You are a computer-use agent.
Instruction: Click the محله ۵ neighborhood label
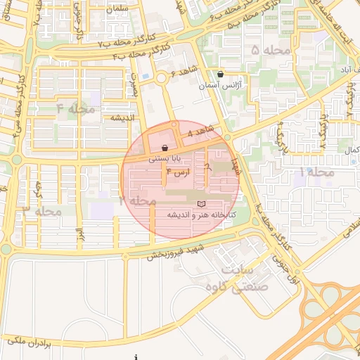[264, 51]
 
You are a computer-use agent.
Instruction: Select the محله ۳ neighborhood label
[42, 210]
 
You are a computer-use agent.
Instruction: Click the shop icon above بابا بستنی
[165, 148]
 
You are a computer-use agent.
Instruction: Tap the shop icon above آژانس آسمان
[220, 74]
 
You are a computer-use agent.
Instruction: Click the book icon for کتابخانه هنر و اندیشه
[202, 203]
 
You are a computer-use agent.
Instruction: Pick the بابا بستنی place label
[165, 160]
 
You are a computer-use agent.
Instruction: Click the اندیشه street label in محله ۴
[120, 117]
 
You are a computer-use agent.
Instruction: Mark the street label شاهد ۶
[183, 73]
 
